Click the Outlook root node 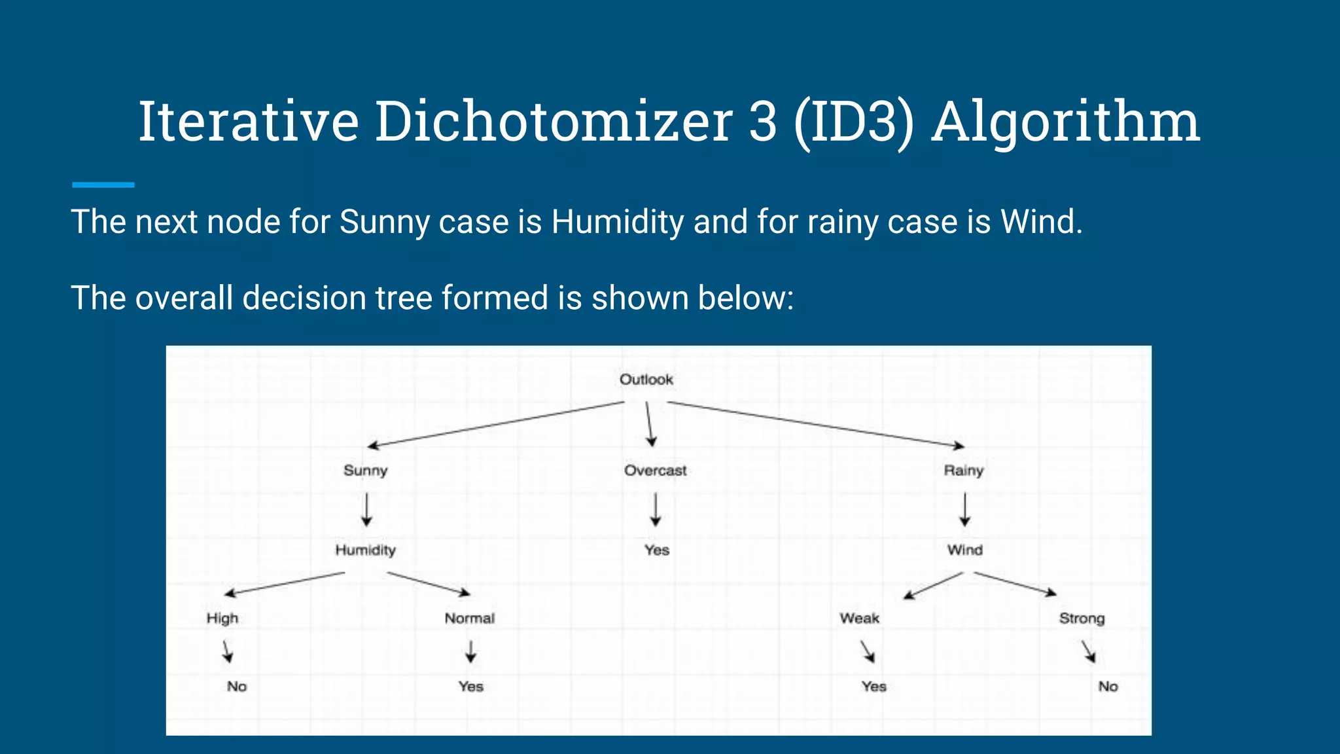click(x=646, y=380)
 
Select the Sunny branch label click(x=365, y=471)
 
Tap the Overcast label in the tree click(x=655, y=471)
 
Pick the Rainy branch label click(x=963, y=471)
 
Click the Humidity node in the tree click(x=365, y=550)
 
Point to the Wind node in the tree click(x=964, y=550)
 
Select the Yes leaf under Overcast click(x=656, y=550)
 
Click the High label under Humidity click(x=222, y=619)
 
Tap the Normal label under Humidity click(x=469, y=619)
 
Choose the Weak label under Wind click(x=859, y=619)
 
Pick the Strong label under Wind click(x=1082, y=619)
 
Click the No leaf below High click(x=237, y=687)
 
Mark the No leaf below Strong click(x=1108, y=687)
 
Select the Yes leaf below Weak click(x=873, y=687)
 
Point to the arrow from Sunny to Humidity click(x=366, y=510)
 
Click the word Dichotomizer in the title click(x=553, y=122)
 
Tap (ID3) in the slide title click(x=853, y=122)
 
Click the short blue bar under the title click(x=103, y=185)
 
